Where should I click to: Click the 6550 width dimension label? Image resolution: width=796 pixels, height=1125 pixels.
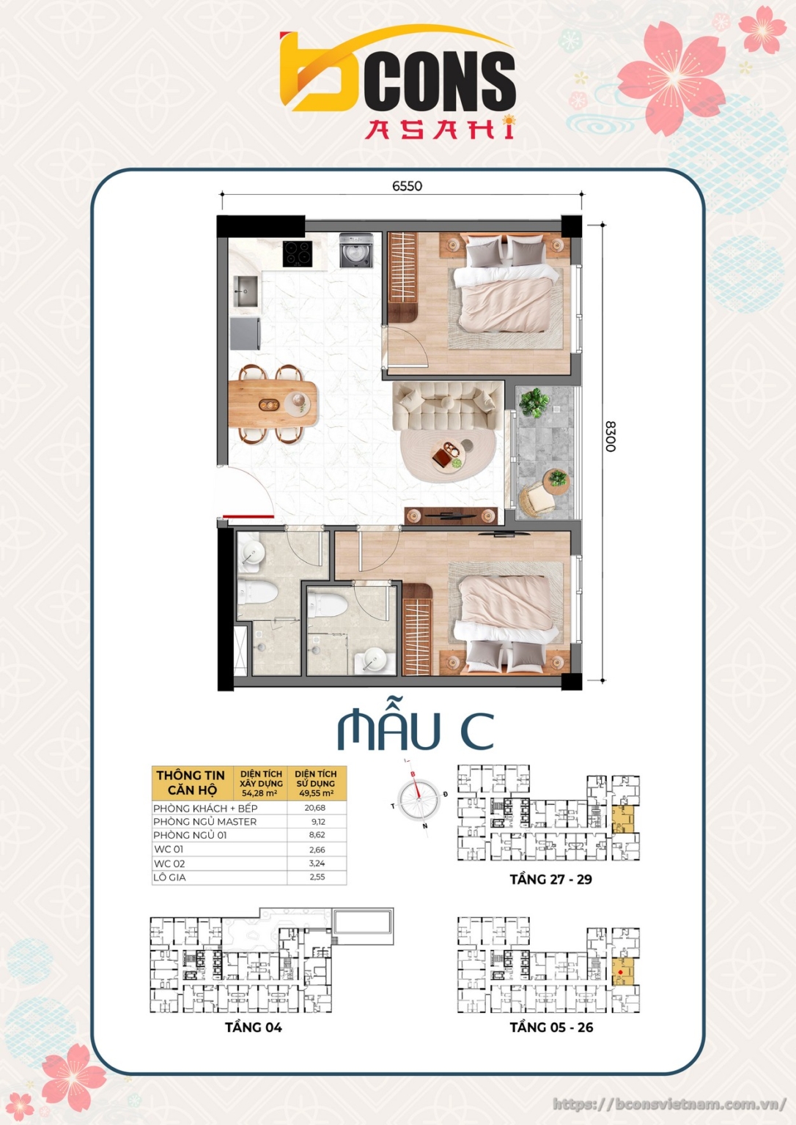[407, 186]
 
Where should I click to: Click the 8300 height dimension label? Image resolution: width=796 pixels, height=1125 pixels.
[610, 436]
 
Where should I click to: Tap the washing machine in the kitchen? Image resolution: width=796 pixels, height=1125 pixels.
[355, 250]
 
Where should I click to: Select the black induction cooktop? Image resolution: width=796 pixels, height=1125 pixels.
[297, 253]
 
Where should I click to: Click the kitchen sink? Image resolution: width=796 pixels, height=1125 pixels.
[246, 292]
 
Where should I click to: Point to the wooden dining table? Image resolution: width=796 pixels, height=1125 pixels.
[273, 404]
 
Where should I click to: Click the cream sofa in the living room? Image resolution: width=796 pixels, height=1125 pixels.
[447, 406]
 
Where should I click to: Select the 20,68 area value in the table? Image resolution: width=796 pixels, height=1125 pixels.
[314, 808]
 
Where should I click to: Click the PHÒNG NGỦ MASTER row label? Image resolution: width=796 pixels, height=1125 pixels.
[205, 822]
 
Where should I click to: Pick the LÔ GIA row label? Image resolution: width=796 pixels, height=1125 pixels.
[169, 877]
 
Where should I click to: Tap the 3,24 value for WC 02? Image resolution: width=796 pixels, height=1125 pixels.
[317, 864]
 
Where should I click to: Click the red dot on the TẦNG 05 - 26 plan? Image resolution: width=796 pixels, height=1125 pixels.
[620, 973]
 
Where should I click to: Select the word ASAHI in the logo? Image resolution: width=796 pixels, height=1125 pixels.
[439, 129]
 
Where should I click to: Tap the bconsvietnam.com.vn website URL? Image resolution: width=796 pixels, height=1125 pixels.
[669, 1104]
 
